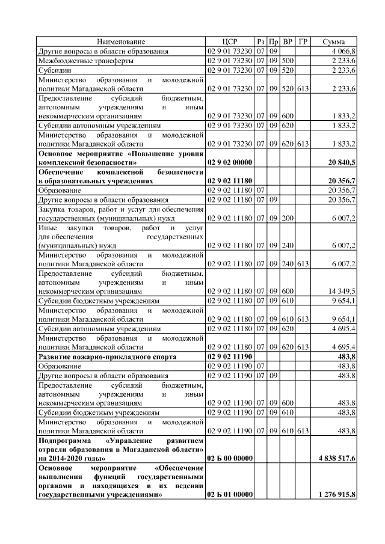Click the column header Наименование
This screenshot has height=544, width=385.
pos(121,41)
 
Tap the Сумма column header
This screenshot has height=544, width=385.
pos(334,41)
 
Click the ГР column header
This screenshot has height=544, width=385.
pos(303,41)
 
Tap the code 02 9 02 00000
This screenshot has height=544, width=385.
pos(229,162)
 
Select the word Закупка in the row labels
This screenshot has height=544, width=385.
pos(52,210)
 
